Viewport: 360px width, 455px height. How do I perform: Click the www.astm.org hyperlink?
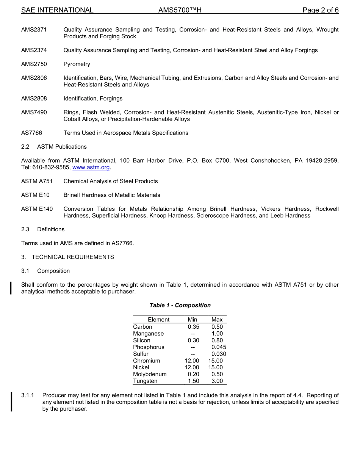click(x=91, y=168)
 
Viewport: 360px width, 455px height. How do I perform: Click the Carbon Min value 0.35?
click(x=193, y=327)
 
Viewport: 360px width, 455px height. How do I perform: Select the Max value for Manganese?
click(x=217, y=334)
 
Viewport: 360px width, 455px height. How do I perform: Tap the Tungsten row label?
click(x=145, y=381)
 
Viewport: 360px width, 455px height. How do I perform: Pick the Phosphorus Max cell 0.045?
click(x=219, y=347)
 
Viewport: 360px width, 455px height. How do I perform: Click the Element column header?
click(x=158, y=320)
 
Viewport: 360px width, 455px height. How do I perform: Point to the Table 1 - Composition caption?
click(x=180, y=305)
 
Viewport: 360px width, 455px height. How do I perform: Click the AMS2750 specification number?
click(x=34, y=64)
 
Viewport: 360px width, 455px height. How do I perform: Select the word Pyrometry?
click(x=77, y=64)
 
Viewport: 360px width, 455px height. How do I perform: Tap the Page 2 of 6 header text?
click(x=320, y=10)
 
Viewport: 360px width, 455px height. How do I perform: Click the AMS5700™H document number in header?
click(x=180, y=10)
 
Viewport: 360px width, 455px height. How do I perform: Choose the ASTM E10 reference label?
click(x=34, y=195)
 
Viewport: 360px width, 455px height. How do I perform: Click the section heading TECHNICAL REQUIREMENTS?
click(x=73, y=257)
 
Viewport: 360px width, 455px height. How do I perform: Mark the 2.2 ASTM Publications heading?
click(x=54, y=147)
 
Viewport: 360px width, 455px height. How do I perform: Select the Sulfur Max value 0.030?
click(x=219, y=354)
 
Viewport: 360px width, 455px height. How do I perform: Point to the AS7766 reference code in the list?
click(x=32, y=133)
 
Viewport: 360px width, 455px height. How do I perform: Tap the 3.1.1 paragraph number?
click(x=28, y=395)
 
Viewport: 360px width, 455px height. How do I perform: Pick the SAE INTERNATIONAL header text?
click(x=57, y=10)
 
